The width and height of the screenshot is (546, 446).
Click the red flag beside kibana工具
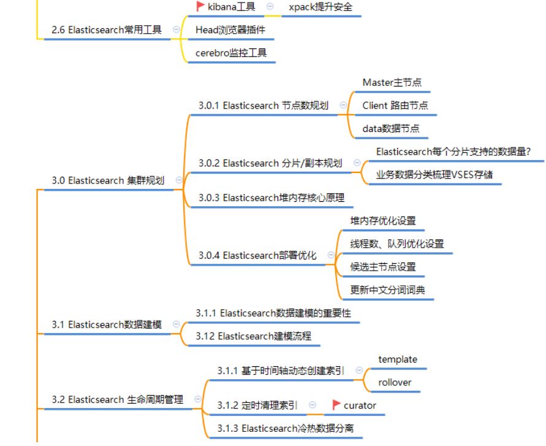point(200,6)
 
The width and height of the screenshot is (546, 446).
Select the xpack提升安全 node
point(320,7)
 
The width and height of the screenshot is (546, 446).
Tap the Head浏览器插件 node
point(230,29)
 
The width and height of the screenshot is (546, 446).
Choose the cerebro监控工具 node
point(231,53)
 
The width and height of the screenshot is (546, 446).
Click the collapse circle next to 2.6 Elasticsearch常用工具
point(177,29)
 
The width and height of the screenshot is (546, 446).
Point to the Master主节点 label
point(392,82)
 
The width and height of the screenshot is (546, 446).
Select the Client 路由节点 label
point(395,105)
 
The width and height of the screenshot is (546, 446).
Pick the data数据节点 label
point(391,128)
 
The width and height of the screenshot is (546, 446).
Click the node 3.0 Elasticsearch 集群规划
point(108,180)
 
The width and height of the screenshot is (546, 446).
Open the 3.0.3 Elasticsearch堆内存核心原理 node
point(271,198)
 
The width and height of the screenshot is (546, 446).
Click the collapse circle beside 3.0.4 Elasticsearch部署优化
point(332,255)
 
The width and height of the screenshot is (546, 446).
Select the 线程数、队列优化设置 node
point(396,244)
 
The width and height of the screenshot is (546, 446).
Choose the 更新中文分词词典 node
point(387,290)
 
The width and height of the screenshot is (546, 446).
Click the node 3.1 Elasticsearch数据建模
point(107,325)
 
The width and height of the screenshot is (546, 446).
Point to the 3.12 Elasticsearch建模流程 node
point(254,336)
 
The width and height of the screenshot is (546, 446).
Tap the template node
point(398,359)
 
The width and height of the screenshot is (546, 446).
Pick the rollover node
point(395,382)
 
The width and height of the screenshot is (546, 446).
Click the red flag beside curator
point(336,405)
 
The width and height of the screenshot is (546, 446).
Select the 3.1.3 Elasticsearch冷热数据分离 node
point(285,428)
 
